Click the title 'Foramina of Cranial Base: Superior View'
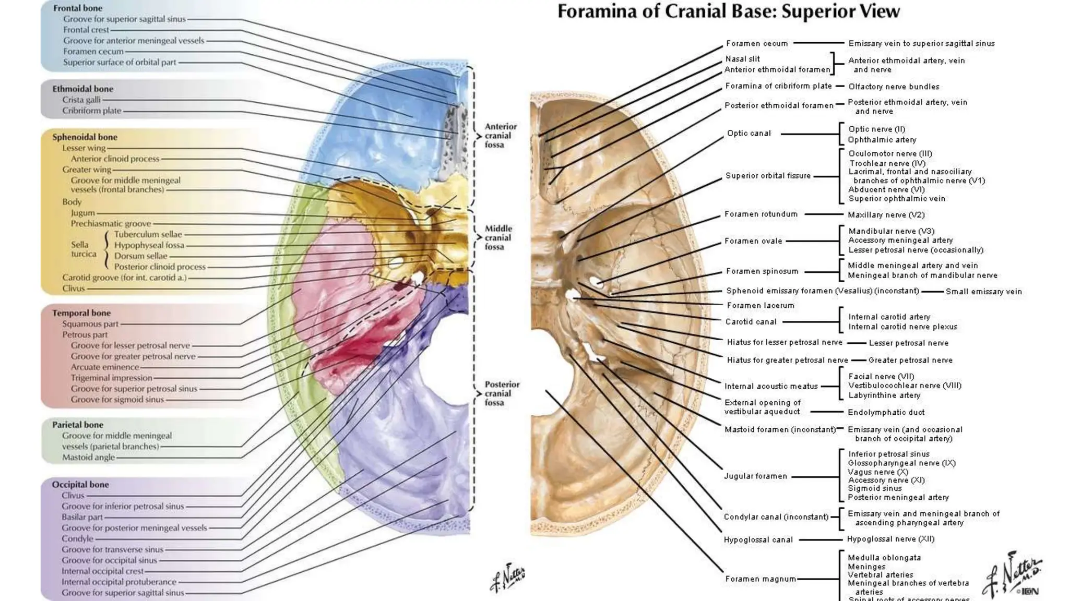tap(728, 11)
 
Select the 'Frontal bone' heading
tap(78, 8)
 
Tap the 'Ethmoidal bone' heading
tap(82, 89)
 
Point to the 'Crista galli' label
tap(81, 100)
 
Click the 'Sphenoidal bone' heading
tap(85, 137)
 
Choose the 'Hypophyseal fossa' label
tap(149, 245)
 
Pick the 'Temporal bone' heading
tap(81, 313)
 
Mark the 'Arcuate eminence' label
tap(105, 367)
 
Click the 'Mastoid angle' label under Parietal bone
tap(88, 458)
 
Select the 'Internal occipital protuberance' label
tap(119, 582)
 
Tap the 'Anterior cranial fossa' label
tap(501, 136)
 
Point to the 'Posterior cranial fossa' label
tap(502, 393)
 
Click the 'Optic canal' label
tap(749, 134)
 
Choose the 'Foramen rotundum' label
tap(761, 214)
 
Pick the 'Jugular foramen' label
tap(755, 476)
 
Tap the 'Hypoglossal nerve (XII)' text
tap(890, 539)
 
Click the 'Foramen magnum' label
tap(761, 579)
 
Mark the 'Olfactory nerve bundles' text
tap(894, 87)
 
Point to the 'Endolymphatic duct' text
tap(886, 413)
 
